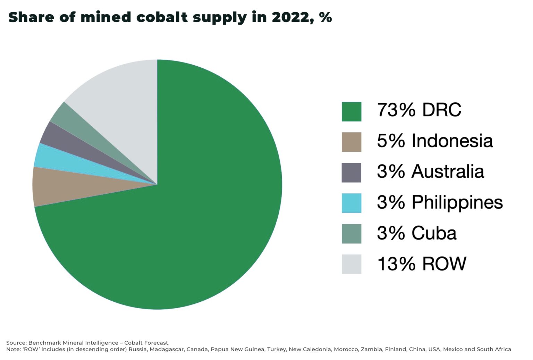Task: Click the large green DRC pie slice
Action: coord(194,215)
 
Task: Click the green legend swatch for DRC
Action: coord(351,111)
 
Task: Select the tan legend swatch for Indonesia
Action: coord(351,142)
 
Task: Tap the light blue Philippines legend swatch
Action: coord(351,203)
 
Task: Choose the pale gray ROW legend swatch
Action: coord(351,264)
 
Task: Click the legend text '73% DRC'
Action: coord(419,110)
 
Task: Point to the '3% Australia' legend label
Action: coord(430,171)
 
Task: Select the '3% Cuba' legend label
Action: coord(416,233)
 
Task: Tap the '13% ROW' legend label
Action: coord(421,264)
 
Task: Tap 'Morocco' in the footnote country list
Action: coord(346,349)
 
